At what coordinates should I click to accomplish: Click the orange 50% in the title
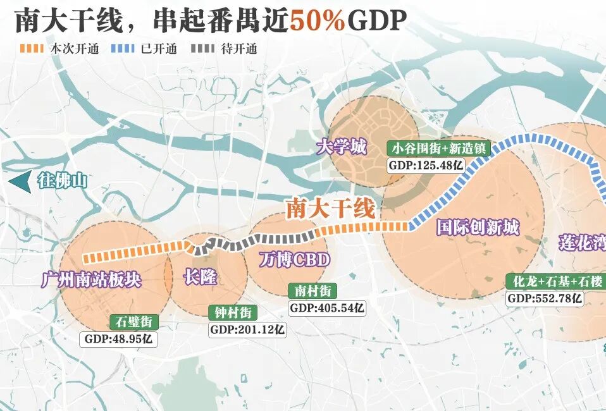[x=318, y=21]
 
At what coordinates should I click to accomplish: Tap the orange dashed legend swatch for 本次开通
[x=32, y=49]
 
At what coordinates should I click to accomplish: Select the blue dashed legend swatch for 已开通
[x=123, y=49]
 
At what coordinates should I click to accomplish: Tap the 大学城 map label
[x=342, y=148]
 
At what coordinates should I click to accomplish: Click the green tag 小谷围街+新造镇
[x=438, y=149]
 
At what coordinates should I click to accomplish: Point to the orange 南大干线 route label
[x=330, y=208]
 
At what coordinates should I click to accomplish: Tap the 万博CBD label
[x=295, y=259]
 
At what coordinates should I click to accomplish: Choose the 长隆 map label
[x=201, y=277]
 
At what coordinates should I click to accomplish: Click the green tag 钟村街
[x=233, y=312]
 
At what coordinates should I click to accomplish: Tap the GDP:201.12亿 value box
[x=247, y=329]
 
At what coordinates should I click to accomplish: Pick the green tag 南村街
[x=312, y=291]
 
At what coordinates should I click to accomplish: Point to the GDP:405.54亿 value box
[x=327, y=308]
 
